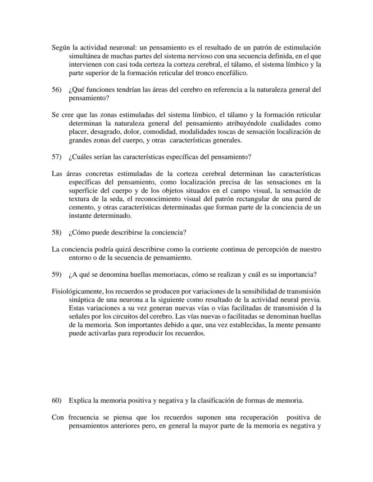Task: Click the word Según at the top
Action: [61, 47]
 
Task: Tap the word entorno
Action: [81, 258]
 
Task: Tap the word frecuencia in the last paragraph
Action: [84, 417]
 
